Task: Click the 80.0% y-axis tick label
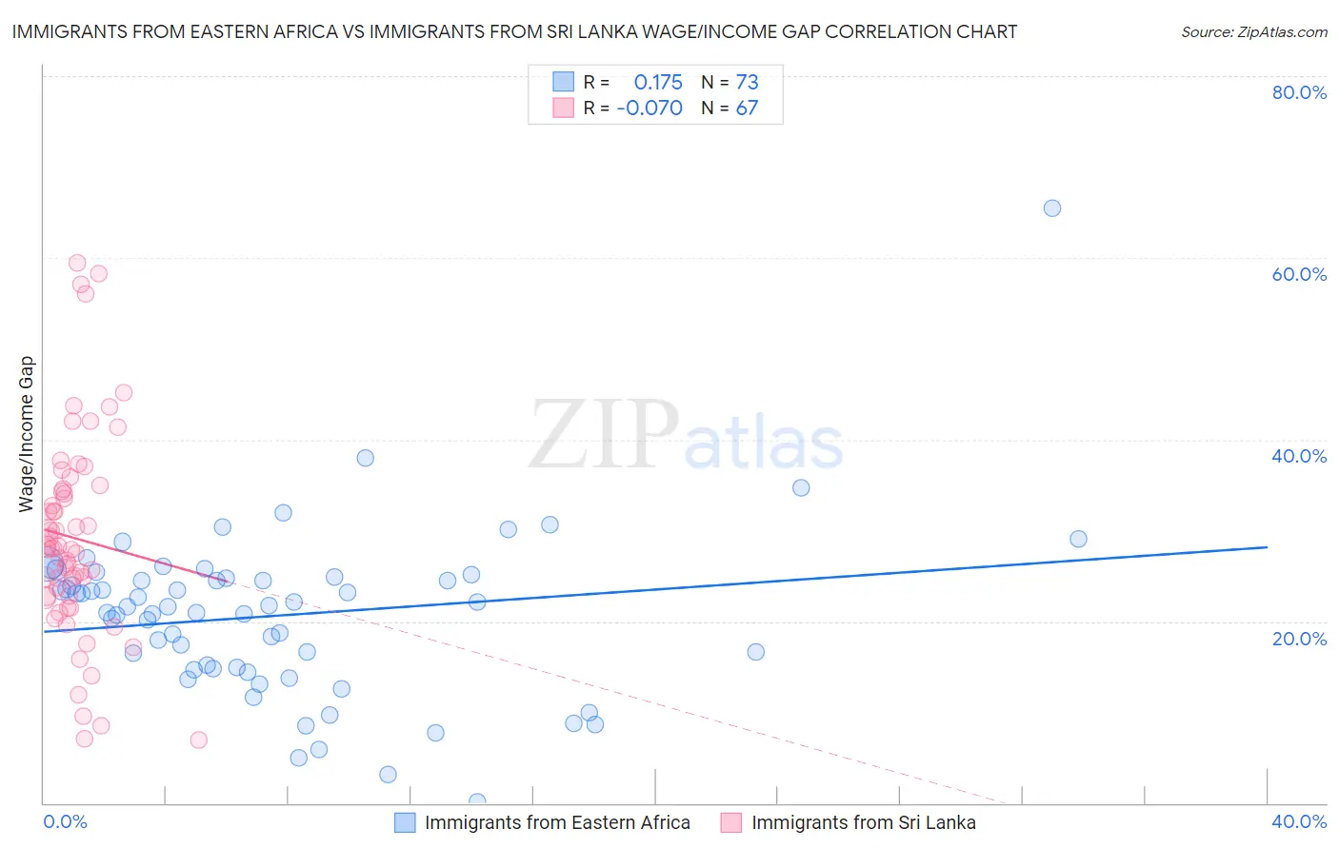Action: pyautogui.click(x=1299, y=92)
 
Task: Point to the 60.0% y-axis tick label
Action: pyautogui.click(x=1299, y=274)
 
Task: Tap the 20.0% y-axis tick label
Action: pyautogui.click(x=1299, y=639)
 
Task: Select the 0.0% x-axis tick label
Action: pyautogui.click(x=65, y=821)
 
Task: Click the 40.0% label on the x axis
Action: pyautogui.click(x=1299, y=821)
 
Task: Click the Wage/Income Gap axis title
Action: pyautogui.click(x=26, y=434)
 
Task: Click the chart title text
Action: pyautogui.click(x=514, y=31)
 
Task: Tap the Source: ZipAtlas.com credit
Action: pyautogui.click(x=1253, y=31)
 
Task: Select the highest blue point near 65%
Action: pyautogui.click(x=1051, y=208)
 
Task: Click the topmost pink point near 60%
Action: pyautogui.click(x=77, y=263)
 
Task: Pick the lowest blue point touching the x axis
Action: pyautogui.click(x=477, y=801)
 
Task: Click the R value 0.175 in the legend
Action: pyautogui.click(x=658, y=83)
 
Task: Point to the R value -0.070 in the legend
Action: pyautogui.click(x=650, y=109)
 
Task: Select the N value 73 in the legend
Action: pyautogui.click(x=747, y=83)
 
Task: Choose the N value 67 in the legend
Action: pyautogui.click(x=747, y=109)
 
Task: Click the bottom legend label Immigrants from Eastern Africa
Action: pyautogui.click(x=557, y=822)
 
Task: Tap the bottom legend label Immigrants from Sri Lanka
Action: pyautogui.click(x=863, y=822)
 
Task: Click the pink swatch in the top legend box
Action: pyautogui.click(x=564, y=108)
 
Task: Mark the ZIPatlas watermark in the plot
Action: pyautogui.click(x=686, y=436)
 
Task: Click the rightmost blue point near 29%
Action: pyautogui.click(x=1078, y=539)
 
